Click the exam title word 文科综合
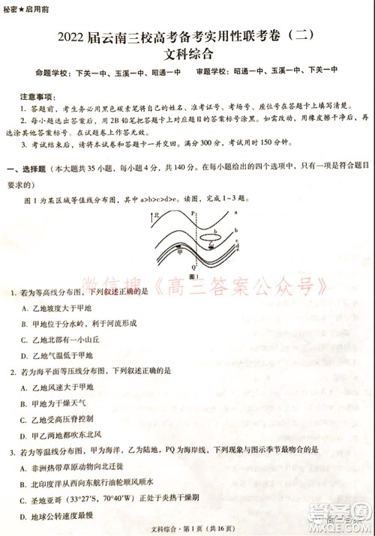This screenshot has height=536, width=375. (187, 53)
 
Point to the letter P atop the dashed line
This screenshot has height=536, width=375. (193, 213)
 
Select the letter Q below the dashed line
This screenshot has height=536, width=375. (194, 266)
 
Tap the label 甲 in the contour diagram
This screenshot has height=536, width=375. (178, 252)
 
